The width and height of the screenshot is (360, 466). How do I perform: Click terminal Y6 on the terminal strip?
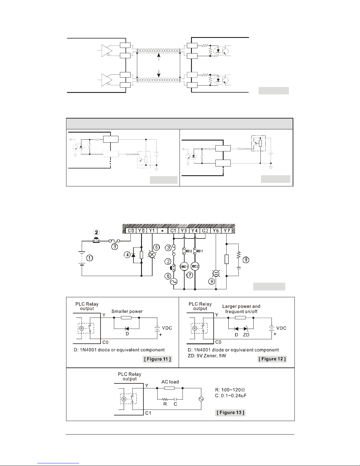(216, 231)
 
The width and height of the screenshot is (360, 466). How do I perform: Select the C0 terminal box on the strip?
(131, 231)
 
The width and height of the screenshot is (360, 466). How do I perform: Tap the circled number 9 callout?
(246, 260)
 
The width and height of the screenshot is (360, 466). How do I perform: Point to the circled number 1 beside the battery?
(90, 258)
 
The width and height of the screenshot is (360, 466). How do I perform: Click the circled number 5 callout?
(156, 247)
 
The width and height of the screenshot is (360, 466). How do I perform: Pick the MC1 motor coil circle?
(184, 267)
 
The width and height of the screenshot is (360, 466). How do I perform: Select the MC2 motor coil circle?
(195, 266)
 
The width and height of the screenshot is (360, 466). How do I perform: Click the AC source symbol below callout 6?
(174, 282)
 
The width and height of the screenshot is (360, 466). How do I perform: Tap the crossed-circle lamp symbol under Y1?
(152, 255)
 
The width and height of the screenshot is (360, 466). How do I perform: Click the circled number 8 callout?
(212, 281)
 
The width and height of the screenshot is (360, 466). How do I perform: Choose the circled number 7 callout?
(190, 275)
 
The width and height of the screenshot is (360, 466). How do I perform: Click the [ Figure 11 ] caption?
(158, 359)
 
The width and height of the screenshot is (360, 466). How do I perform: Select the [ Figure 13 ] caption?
(230, 412)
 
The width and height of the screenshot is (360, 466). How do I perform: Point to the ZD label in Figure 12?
(246, 335)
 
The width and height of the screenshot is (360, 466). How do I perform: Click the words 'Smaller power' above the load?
(127, 311)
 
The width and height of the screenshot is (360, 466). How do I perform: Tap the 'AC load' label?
(170, 382)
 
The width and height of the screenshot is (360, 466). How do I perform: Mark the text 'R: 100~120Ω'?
(230, 390)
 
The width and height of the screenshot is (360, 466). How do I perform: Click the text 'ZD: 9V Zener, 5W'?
(207, 355)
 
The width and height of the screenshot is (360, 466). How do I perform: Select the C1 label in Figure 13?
(148, 413)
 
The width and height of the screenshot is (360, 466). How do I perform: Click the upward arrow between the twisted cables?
(159, 57)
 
